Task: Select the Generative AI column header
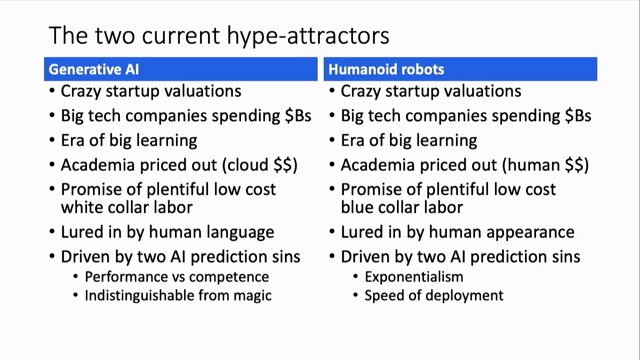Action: [181, 69]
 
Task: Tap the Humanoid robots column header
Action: [460, 69]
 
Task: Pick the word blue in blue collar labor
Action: [357, 207]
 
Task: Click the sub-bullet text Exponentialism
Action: [414, 277]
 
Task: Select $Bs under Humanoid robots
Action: [578, 116]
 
